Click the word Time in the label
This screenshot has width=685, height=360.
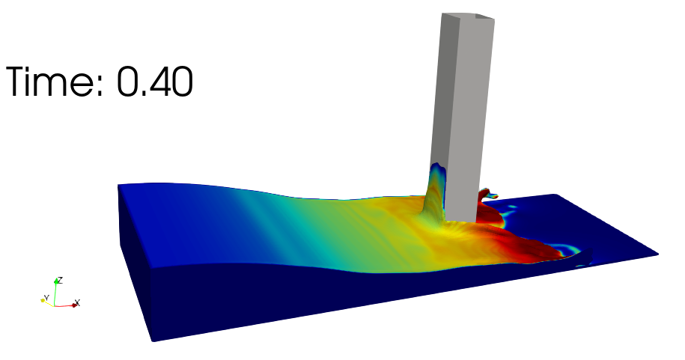click(x=54, y=82)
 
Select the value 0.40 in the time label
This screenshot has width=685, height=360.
click(x=155, y=82)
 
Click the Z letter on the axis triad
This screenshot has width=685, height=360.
click(x=61, y=280)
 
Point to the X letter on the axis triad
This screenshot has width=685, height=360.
click(x=77, y=302)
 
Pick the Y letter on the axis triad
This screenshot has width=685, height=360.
click(x=46, y=298)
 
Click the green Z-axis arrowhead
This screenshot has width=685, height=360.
click(x=56, y=281)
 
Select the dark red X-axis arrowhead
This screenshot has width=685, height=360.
click(x=75, y=305)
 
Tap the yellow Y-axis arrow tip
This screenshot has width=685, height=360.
click(x=43, y=300)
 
